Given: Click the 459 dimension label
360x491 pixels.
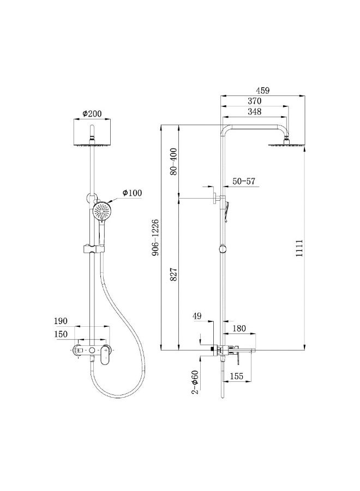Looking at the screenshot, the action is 262,91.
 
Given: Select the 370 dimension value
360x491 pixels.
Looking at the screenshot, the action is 254,101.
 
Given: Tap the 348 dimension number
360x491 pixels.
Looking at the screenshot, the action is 254,111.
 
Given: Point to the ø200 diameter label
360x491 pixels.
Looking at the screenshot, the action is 92,113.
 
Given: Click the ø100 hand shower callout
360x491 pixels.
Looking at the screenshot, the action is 132,193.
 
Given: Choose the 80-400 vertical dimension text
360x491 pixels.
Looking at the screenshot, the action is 174,161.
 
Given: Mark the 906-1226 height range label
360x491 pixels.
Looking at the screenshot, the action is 155,237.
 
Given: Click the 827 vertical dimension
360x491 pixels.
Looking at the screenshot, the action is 174,274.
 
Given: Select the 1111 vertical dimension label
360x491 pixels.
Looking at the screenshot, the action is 299,248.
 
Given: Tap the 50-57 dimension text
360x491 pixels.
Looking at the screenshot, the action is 244,181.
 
